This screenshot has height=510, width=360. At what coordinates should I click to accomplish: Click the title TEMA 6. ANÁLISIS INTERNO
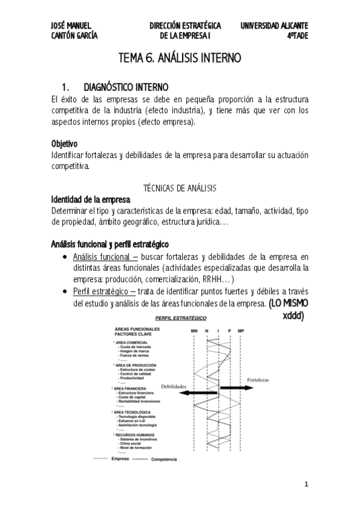coord(180,58)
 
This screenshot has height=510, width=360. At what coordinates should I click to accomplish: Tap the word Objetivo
coord(65,144)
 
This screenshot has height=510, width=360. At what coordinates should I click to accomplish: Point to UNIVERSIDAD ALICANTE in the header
coord(274,26)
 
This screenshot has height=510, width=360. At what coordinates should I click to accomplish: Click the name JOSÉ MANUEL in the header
coord(71,26)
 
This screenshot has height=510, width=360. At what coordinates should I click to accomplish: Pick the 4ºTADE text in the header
coord(297,35)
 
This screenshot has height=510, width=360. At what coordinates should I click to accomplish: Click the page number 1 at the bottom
coord(305,484)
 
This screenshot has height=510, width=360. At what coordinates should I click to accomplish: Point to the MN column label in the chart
coord(194,331)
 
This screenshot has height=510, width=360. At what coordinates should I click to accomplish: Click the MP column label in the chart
coord(240,331)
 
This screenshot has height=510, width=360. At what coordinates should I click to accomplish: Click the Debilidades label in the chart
coord(174,386)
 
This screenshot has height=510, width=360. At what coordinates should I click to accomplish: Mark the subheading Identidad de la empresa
coord(87,200)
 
